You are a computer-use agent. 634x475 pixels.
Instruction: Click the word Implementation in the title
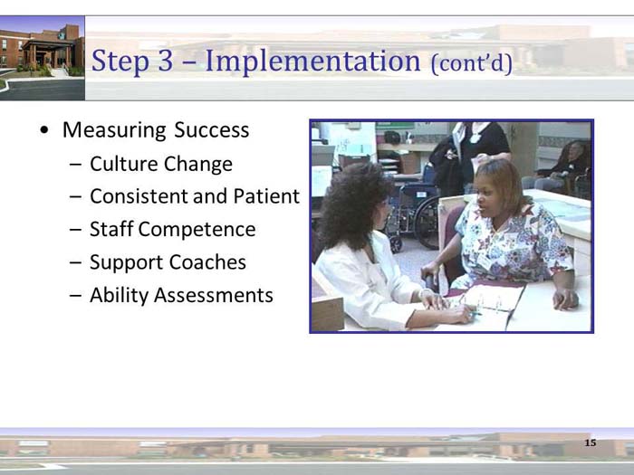(312, 62)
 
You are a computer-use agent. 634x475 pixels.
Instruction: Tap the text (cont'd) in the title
(472, 63)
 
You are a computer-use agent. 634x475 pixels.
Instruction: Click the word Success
(211, 130)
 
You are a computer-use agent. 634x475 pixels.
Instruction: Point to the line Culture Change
(160, 164)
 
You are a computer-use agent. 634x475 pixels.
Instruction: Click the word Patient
(265, 196)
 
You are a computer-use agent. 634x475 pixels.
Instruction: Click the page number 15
(591, 442)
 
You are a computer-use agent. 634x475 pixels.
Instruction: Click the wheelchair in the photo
(415, 213)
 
